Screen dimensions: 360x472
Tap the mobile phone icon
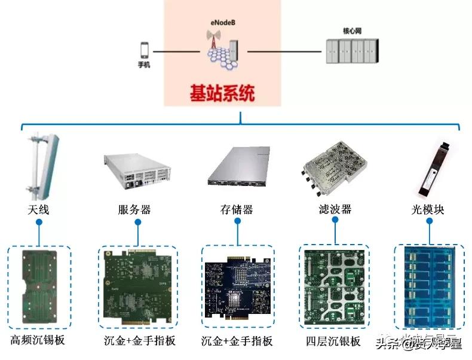click(143, 50)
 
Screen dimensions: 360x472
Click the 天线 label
click(38, 210)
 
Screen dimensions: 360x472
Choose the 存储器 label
click(237, 210)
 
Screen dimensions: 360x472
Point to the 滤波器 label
click(335, 210)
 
